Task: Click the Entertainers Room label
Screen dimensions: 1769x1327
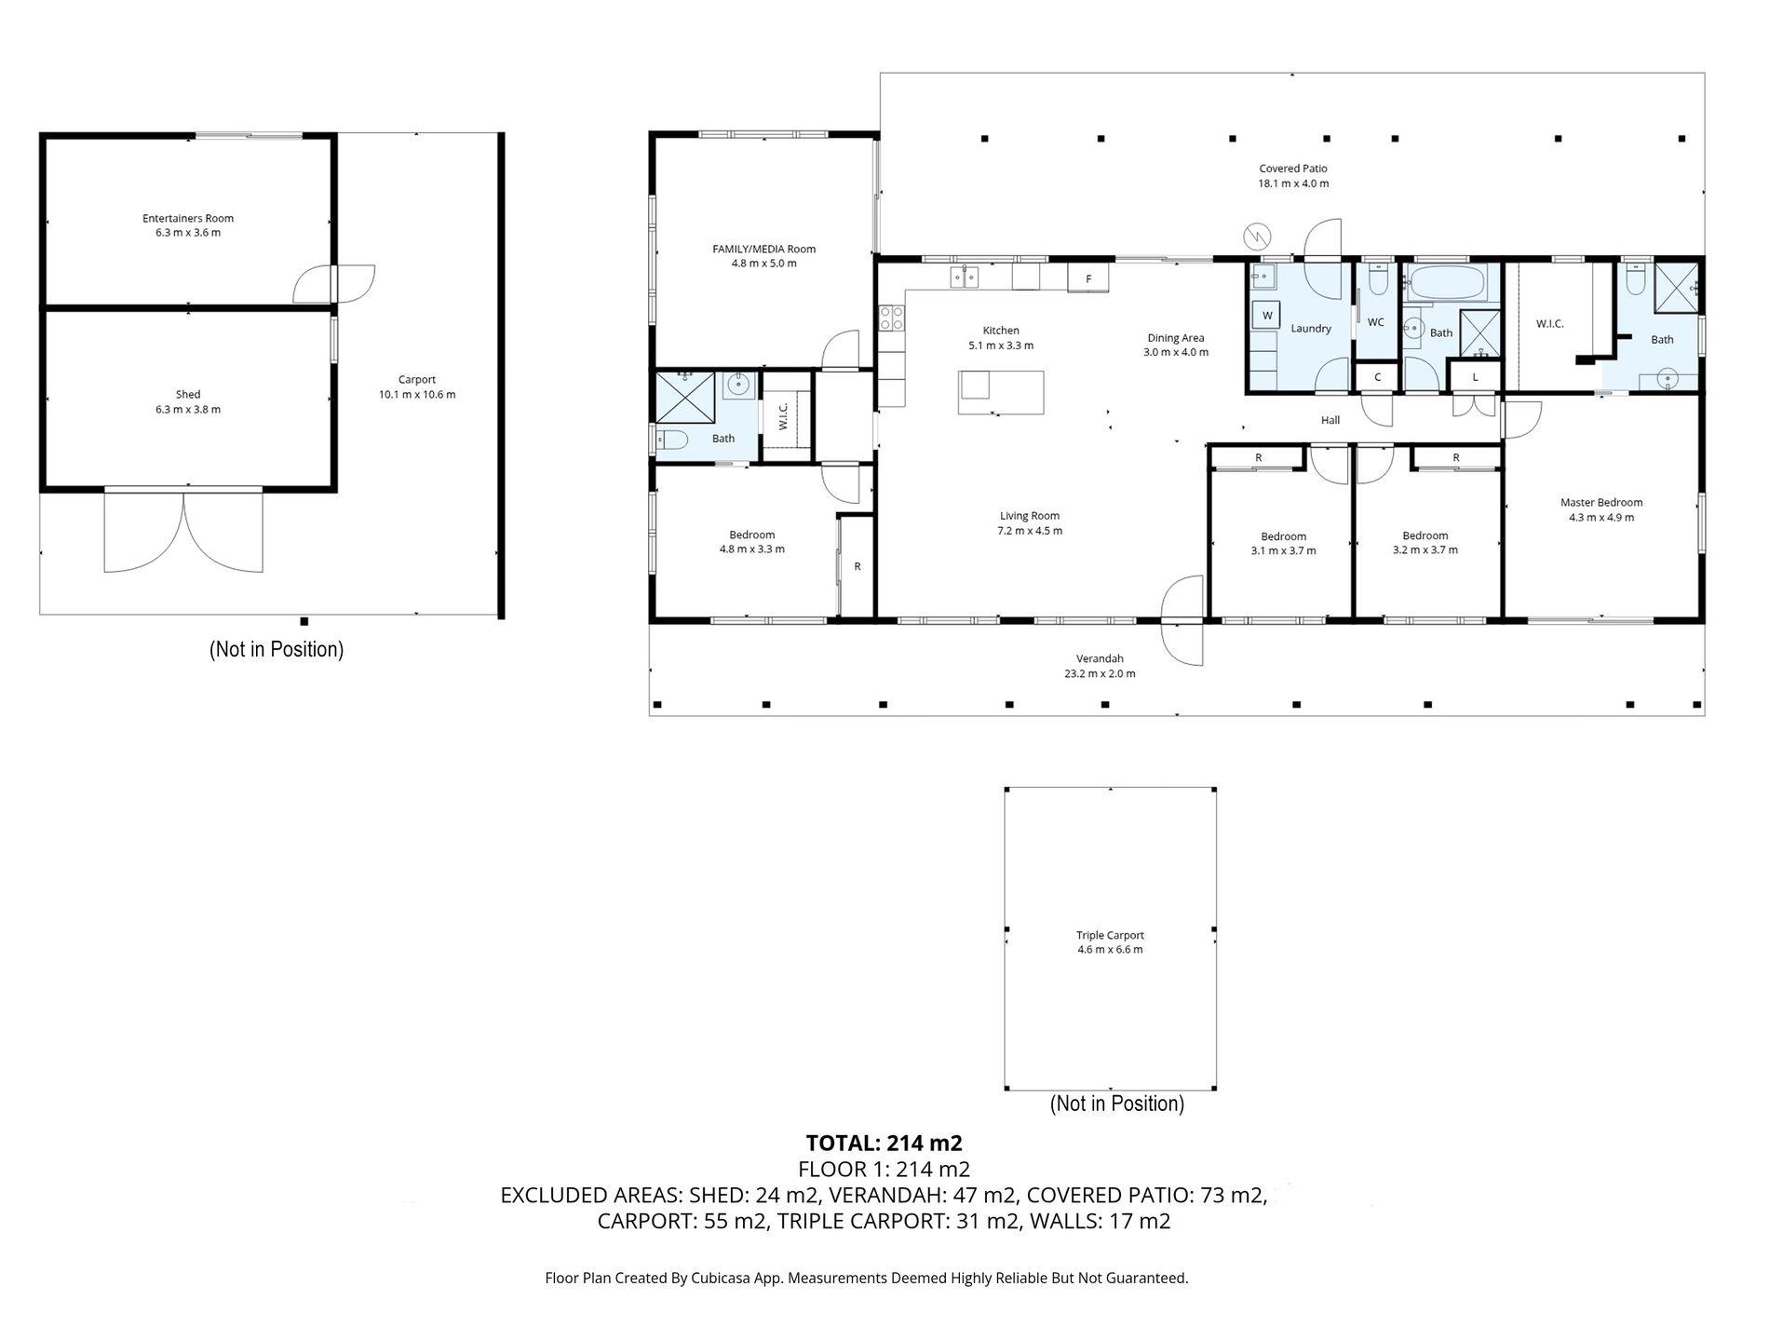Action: [188, 219]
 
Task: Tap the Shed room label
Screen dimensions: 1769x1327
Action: [188, 395]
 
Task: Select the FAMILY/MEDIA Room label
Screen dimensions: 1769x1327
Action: [763, 249]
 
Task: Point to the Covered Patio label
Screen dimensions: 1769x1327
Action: [1293, 169]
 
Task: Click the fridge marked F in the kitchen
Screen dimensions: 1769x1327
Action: [1088, 278]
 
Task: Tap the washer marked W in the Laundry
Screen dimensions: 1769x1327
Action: [1267, 316]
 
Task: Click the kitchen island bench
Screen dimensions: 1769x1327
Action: [1001, 392]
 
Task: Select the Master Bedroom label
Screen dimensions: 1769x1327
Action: [1601, 503]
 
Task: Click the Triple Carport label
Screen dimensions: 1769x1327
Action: [1110, 935]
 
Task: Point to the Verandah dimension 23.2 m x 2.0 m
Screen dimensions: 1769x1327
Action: [1100, 673]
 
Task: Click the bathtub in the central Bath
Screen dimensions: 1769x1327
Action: [1451, 283]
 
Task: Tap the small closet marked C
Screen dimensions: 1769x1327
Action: [1378, 377]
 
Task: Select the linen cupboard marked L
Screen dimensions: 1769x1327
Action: [1476, 377]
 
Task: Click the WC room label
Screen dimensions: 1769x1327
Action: [1376, 322]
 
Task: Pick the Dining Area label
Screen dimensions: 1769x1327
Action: [1176, 338]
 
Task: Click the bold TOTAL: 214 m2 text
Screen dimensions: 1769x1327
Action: [884, 1143]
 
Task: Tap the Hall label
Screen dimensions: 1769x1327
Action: [1330, 420]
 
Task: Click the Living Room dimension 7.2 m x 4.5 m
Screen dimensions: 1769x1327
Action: [1030, 531]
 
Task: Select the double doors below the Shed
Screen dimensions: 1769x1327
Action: [184, 531]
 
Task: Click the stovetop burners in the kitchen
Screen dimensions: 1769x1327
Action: [891, 318]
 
